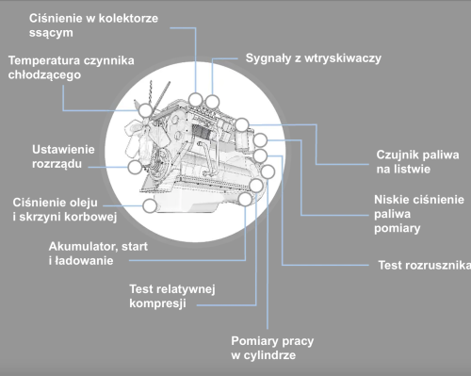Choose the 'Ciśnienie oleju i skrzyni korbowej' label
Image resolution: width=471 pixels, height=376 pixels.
pyautogui.click(x=64, y=210)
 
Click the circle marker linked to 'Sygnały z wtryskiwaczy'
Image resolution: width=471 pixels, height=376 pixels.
pyautogui.click(x=213, y=100)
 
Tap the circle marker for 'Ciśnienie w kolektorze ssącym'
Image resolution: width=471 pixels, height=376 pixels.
pyautogui.click(x=195, y=100)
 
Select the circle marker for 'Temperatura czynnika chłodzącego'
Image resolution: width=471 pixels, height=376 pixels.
pyautogui.click(x=145, y=110)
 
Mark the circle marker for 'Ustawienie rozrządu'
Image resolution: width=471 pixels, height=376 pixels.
pyautogui.click(x=135, y=167)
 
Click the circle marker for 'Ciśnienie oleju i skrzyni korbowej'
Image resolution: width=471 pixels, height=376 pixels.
pyautogui.click(x=149, y=204)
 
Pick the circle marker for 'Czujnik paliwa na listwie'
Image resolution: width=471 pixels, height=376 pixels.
pyautogui.click(x=242, y=123)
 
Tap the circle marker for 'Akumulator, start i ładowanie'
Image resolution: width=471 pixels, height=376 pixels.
pyautogui.click(x=246, y=199)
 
